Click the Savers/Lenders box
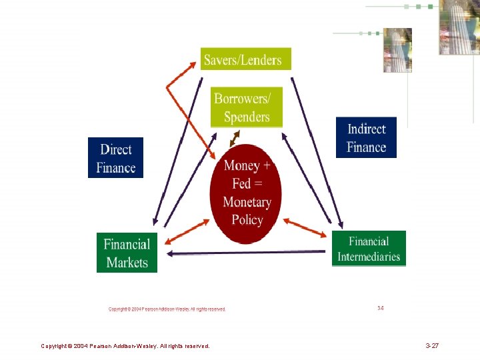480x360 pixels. (x=245, y=59)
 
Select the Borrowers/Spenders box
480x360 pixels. (x=246, y=107)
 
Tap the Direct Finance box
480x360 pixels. (x=115, y=158)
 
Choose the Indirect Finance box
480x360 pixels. (x=366, y=138)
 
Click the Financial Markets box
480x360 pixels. (x=127, y=253)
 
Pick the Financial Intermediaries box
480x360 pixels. (x=369, y=249)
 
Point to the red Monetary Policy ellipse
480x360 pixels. (x=246, y=193)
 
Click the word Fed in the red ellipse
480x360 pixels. (x=241, y=183)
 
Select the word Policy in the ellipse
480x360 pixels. (x=247, y=220)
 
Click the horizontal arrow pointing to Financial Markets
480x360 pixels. (x=247, y=253)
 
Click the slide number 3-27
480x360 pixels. (x=431, y=346)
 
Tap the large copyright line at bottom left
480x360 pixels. (x=125, y=346)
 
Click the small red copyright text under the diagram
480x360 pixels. (x=167, y=309)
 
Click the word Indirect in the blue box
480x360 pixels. (x=366, y=129)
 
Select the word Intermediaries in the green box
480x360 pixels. (x=369, y=257)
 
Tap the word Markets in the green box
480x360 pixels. (x=127, y=262)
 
